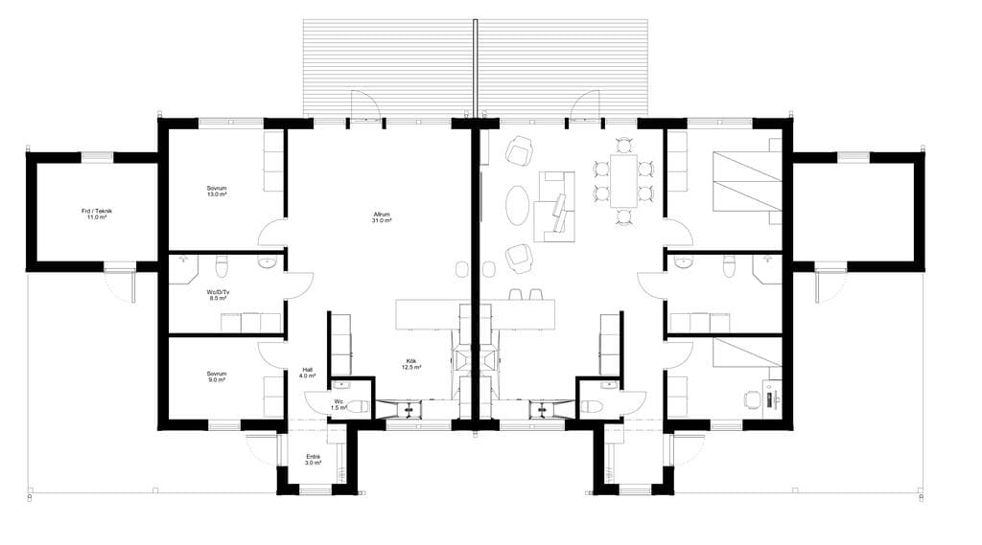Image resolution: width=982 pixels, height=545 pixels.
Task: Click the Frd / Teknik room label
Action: coord(97,214)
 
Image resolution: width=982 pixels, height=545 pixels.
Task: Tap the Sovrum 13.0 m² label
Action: coord(217,192)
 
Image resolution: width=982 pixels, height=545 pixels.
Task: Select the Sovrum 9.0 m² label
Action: coord(217,376)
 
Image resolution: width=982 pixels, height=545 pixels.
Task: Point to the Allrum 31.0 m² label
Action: coord(381,217)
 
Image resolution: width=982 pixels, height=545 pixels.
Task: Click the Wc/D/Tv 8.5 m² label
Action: coord(218,295)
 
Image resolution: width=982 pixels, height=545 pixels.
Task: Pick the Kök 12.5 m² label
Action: coord(410,364)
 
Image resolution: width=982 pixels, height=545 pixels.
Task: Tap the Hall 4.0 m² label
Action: coord(307,373)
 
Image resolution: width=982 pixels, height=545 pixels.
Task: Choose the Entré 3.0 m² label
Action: coord(314,460)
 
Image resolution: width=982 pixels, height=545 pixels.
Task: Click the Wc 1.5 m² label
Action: coord(339,405)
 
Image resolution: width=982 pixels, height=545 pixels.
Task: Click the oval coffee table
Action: coord(517,205)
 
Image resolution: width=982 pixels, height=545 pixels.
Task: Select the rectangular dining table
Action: coord(623,181)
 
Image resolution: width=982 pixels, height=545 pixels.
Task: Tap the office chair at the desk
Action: coord(752,398)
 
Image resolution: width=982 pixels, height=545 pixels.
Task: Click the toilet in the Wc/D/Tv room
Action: coord(222,266)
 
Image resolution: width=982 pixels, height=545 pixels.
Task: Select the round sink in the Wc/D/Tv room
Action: coord(268,262)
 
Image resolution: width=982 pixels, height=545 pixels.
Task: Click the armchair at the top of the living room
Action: coord(520,150)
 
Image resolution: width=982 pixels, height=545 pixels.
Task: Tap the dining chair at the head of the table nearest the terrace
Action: coord(623,147)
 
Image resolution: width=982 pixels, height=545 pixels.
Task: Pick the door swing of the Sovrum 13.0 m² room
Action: coord(271,232)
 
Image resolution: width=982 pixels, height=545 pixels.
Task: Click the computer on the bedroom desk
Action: coord(775,398)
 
